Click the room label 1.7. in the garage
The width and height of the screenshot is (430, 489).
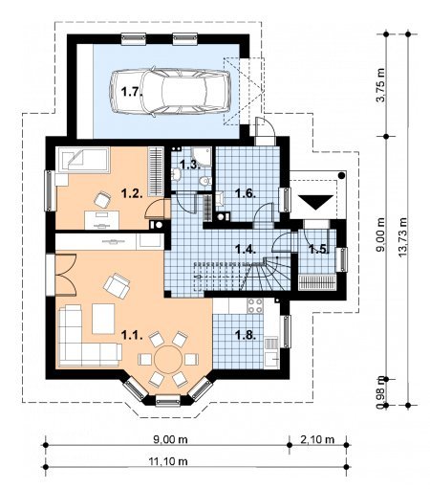[x=131, y=93]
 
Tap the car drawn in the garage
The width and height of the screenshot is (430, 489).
[x=170, y=91]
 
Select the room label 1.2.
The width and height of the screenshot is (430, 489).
[x=132, y=193]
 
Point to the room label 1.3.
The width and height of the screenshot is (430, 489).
[x=190, y=165]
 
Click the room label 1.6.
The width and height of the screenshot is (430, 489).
[x=246, y=193]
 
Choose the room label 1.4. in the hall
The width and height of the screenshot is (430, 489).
[x=246, y=249]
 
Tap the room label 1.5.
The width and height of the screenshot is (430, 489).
[x=319, y=249]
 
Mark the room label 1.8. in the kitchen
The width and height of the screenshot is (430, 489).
[x=246, y=335]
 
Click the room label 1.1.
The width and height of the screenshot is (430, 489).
[x=132, y=335]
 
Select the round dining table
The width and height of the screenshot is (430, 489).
[x=168, y=360]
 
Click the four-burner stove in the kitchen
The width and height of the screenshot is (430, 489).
[x=255, y=305]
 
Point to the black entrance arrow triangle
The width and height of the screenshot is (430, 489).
[x=315, y=203]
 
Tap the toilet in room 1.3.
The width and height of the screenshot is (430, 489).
[x=204, y=181]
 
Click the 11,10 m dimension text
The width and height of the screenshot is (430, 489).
[x=168, y=461]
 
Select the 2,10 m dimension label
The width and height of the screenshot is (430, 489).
[x=317, y=439]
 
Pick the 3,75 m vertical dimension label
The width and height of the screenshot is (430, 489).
[x=380, y=85]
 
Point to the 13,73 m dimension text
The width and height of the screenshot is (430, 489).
[x=402, y=236]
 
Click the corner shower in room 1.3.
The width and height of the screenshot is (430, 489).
[x=203, y=157]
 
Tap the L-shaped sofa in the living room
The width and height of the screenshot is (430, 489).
[x=86, y=338]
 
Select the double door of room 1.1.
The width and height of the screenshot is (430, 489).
[x=66, y=275]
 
